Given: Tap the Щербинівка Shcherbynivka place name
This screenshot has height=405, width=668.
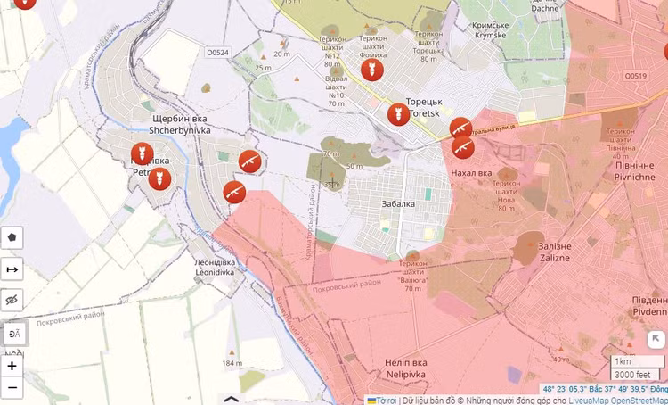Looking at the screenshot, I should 177,124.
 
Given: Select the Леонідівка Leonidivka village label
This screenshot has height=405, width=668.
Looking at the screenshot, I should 215,267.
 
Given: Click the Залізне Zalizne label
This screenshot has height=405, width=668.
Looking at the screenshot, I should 556,251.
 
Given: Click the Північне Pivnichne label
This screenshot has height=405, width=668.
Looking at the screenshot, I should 634,171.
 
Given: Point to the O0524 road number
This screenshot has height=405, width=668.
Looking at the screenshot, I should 217,53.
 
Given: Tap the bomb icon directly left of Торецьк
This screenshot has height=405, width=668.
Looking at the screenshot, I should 398,113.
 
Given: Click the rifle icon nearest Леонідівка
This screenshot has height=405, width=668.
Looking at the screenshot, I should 234,192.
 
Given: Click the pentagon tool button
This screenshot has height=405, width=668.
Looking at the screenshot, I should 12,238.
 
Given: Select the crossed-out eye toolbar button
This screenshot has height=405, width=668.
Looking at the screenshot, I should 12,301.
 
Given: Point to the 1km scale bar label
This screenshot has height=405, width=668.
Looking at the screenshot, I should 623,361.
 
